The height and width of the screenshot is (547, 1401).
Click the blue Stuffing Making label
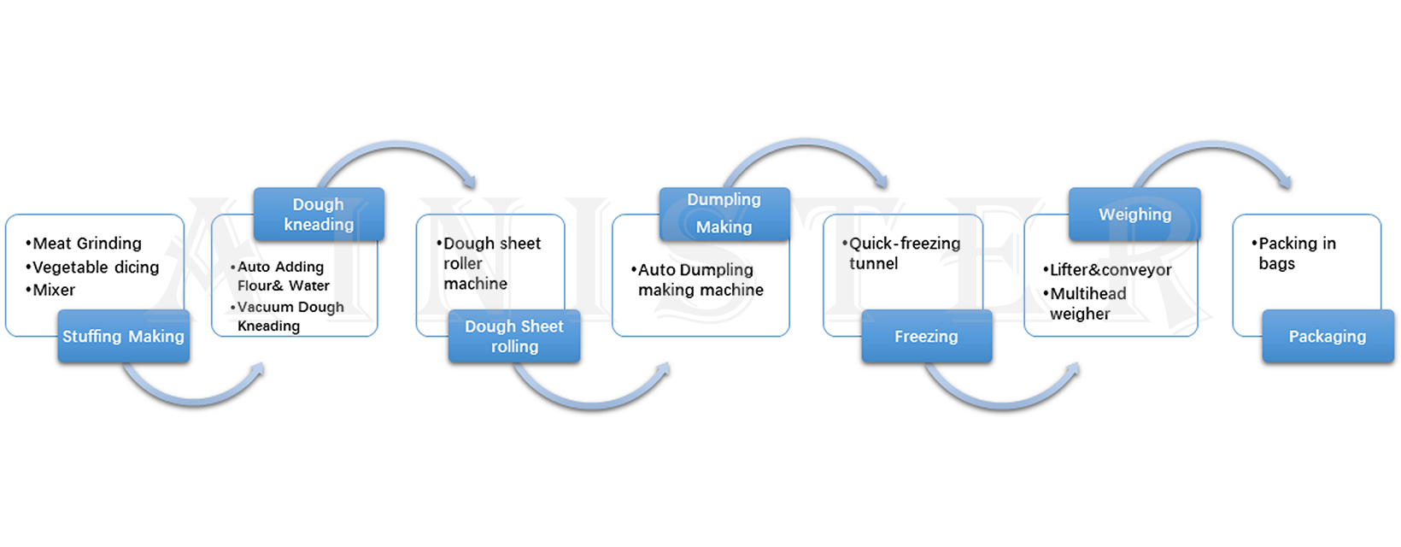click(123, 337)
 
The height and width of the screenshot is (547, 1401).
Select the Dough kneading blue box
click(319, 215)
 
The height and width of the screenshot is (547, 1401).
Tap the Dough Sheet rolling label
click(514, 337)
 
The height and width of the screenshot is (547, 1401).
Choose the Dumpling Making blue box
click(724, 214)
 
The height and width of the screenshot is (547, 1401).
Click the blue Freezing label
click(926, 337)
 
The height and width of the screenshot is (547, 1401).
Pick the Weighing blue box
click(1134, 215)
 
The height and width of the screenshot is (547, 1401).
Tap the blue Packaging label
click(1328, 337)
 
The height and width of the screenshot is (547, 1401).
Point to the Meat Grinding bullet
click(86, 244)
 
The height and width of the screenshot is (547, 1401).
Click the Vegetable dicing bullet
click(95, 268)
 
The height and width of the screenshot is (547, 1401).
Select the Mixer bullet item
click(54, 291)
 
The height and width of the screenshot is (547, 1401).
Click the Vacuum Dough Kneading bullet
click(290, 316)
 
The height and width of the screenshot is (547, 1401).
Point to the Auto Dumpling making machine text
click(700, 280)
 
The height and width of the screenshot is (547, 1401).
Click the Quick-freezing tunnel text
click(903, 254)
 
